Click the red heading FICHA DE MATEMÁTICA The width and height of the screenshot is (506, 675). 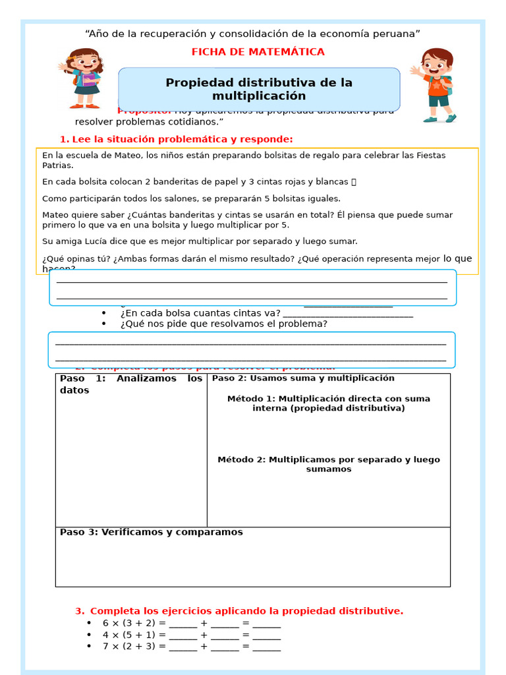258,52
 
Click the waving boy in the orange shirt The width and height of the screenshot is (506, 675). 435,84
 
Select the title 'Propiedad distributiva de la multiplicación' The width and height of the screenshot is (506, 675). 259,89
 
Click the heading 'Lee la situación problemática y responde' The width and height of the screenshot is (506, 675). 176,139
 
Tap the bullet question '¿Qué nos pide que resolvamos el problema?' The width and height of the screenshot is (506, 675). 223,324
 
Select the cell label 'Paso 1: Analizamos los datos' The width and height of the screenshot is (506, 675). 130,384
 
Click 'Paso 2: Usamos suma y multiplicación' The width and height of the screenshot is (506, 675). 303,378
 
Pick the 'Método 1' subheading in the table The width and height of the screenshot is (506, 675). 328,403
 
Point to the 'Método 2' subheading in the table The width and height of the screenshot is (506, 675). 328,464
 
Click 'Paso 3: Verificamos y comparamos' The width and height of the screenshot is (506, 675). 151,532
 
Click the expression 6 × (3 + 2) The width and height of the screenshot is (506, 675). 128,624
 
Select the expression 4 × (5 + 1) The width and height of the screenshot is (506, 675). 128,635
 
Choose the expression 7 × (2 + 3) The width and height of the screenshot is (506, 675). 128,647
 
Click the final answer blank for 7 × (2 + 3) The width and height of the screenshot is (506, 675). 266,647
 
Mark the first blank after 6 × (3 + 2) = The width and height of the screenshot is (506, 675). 183,624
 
